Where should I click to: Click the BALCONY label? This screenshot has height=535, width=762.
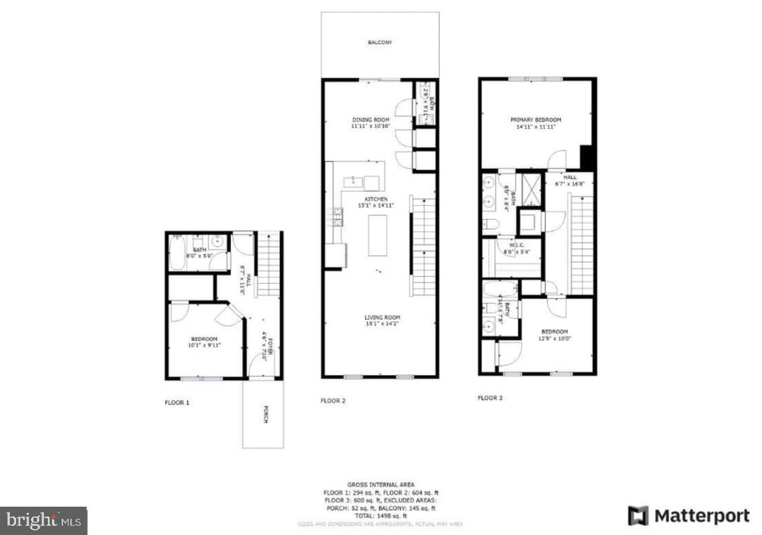pos(380,43)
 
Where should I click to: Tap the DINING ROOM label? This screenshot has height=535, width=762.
pos(371,120)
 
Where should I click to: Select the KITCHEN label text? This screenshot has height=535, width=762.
pos(376,199)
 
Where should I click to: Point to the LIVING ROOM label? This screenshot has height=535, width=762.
pos(382,317)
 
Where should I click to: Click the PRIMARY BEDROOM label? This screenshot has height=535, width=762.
pos(536,120)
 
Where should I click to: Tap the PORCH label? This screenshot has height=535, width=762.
pos(265,415)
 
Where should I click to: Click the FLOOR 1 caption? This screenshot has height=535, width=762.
pos(177,403)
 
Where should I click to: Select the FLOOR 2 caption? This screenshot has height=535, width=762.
pos(333,401)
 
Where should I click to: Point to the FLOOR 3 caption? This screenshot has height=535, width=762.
pos(490,398)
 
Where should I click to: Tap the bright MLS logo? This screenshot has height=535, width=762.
pos(43,521)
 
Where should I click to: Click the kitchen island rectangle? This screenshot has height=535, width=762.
pos(378,235)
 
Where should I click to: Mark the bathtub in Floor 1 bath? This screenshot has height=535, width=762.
pos(177,255)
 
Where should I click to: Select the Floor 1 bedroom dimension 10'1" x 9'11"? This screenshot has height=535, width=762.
pos(204,345)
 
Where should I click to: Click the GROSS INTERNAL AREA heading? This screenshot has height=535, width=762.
pos(380,485)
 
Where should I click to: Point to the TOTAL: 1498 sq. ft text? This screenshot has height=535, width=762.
pos(380,516)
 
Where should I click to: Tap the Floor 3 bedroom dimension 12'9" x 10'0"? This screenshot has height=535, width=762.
pos(554,339)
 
